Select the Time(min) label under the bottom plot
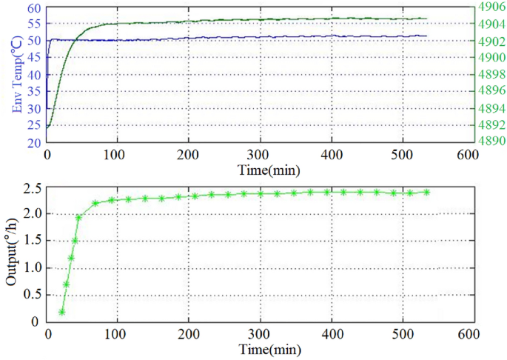click(x=258, y=349)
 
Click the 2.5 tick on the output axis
click(x=31, y=187)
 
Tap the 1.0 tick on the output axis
click(x=31, y=267)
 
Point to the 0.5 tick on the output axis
click(x=31, y=295)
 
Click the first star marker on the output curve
click(x=61, y=312)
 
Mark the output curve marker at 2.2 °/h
click(x=95, y=203)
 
